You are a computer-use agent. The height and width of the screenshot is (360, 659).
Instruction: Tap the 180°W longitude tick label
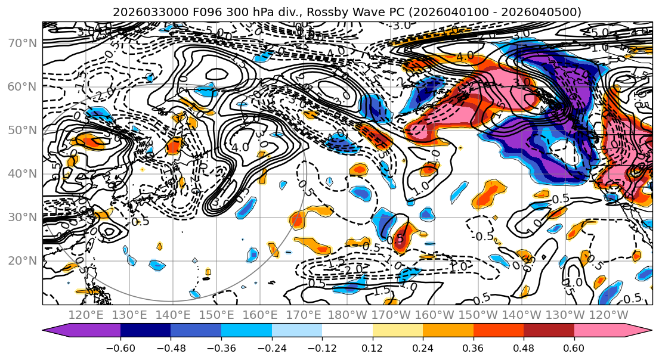pyautogui.click(x=348, y=315)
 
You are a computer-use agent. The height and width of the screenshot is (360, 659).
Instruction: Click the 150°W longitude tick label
pyautogui.click(x=479, y=315)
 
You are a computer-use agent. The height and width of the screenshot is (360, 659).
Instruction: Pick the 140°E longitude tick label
pyautogui.click(x=172, y=315)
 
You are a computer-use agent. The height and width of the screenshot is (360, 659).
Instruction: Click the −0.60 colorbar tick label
pyautogui.click(x=120, y=348)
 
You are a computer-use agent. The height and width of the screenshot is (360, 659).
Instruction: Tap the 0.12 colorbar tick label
pyautogui.click(x=373, y=348)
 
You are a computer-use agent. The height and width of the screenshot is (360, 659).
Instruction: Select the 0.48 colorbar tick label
pyautogui.click(x=524, y=348)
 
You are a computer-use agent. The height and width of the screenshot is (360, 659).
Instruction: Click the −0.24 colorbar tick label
pyautogui.click(x=271, y=348)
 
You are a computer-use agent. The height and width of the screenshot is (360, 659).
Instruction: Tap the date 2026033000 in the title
pyautogui.click(x=141, y=12)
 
